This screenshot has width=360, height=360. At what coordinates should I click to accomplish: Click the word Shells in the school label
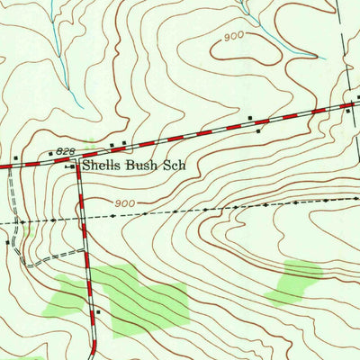coord(102,166)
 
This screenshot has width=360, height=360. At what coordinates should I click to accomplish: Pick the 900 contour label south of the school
coord(125,203)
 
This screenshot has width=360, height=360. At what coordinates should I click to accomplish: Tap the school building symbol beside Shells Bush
coord(72,166)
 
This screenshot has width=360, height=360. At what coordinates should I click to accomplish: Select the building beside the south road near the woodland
coord(97,312)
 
